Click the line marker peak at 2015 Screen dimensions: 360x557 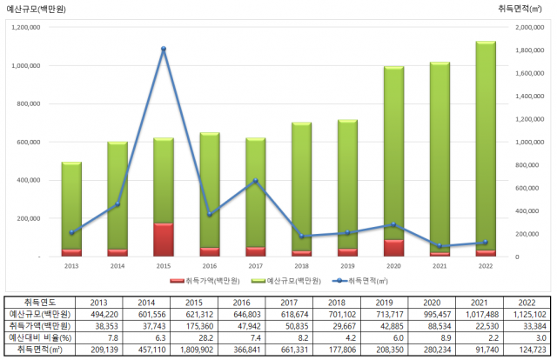[164, 49]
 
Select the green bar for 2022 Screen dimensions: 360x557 [486, 143]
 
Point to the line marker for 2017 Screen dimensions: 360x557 [255, 181]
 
